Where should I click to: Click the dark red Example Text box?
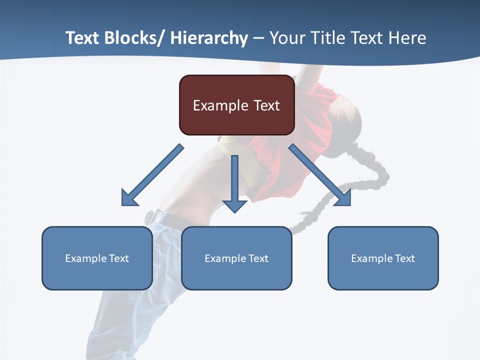(236, 105)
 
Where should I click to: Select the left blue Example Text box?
(97, 258)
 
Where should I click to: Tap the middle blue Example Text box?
(236, 258)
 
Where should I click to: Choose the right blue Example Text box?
(383, 258)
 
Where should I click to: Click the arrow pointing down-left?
(152, 175)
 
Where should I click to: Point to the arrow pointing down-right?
(320, 175)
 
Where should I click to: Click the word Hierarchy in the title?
(209, 38)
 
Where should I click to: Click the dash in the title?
(258, 38)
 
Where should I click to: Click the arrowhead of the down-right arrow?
(344, 199)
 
